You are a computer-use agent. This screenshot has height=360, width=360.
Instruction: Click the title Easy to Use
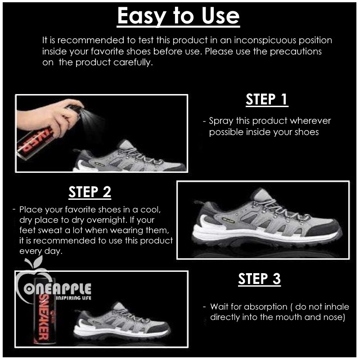click(x=178, y=17)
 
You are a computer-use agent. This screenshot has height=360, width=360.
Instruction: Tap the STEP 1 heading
click(x=266, y=99)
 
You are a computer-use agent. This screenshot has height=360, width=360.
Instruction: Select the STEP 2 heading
click(x=90, y=192)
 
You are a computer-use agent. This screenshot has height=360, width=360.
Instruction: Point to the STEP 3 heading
click(x=259, y=279)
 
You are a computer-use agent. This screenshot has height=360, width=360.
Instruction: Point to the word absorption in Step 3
click(x=265, y=307)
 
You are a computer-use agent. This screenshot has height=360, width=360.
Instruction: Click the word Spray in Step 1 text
click(x=220, y=121)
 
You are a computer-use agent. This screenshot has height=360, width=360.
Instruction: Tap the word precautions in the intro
click(x=296, y=51)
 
